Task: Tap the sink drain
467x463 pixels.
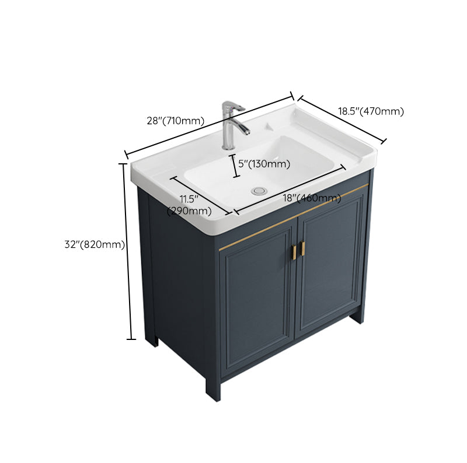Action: (x=259, y=191)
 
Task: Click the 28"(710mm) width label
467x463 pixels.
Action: (x=175, y=121)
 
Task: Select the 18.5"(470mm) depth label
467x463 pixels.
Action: (x=371, y=111)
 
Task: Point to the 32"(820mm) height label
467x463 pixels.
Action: (x=95, y=245)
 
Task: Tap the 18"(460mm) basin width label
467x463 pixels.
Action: (x=312, y=198)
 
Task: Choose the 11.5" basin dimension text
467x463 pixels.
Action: (x=189, y=199)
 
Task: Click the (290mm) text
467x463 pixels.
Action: (x=189, y=211)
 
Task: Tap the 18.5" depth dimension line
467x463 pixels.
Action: (x=342, y=119)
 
